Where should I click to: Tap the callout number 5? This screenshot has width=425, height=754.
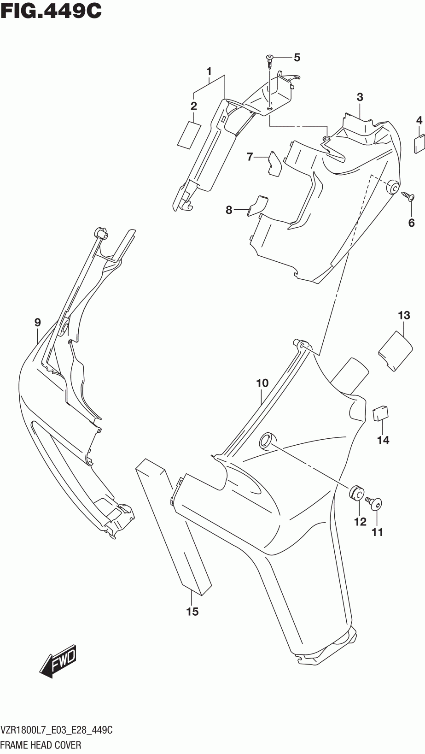pos(297,58)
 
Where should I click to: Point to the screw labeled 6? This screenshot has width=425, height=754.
pos(408,196)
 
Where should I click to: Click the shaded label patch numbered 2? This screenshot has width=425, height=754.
pos(188,134)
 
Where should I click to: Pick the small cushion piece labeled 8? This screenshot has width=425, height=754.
pos(257,205)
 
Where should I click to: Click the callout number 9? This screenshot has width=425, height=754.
pos(38,323)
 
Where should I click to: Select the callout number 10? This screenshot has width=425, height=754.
pos(262,383)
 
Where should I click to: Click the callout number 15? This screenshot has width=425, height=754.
pos(192,612)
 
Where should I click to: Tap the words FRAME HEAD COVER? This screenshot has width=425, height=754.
pos(42,745)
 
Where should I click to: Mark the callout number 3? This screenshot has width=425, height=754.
pos(360,97)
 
